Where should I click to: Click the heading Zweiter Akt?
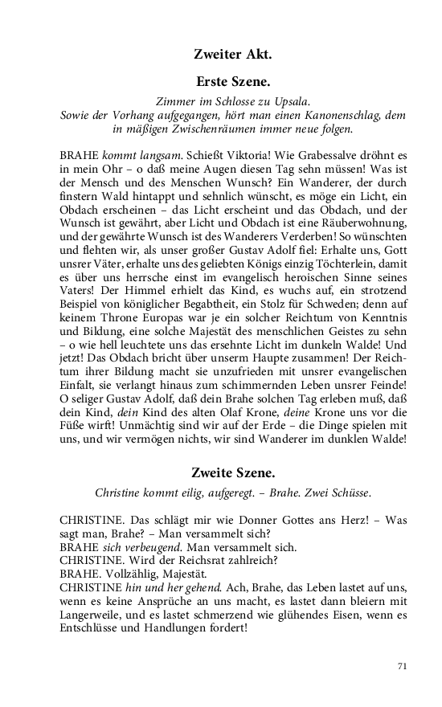point(233,55)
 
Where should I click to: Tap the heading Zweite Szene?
point(232,472)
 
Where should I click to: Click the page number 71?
point(403,666)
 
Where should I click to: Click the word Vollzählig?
point(129,577)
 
